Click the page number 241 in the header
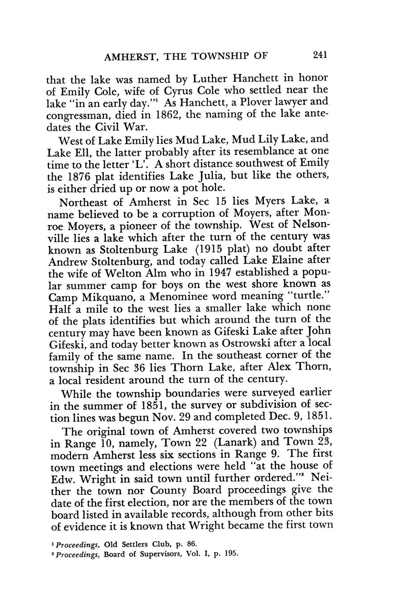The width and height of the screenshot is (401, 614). tap(320, 55)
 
